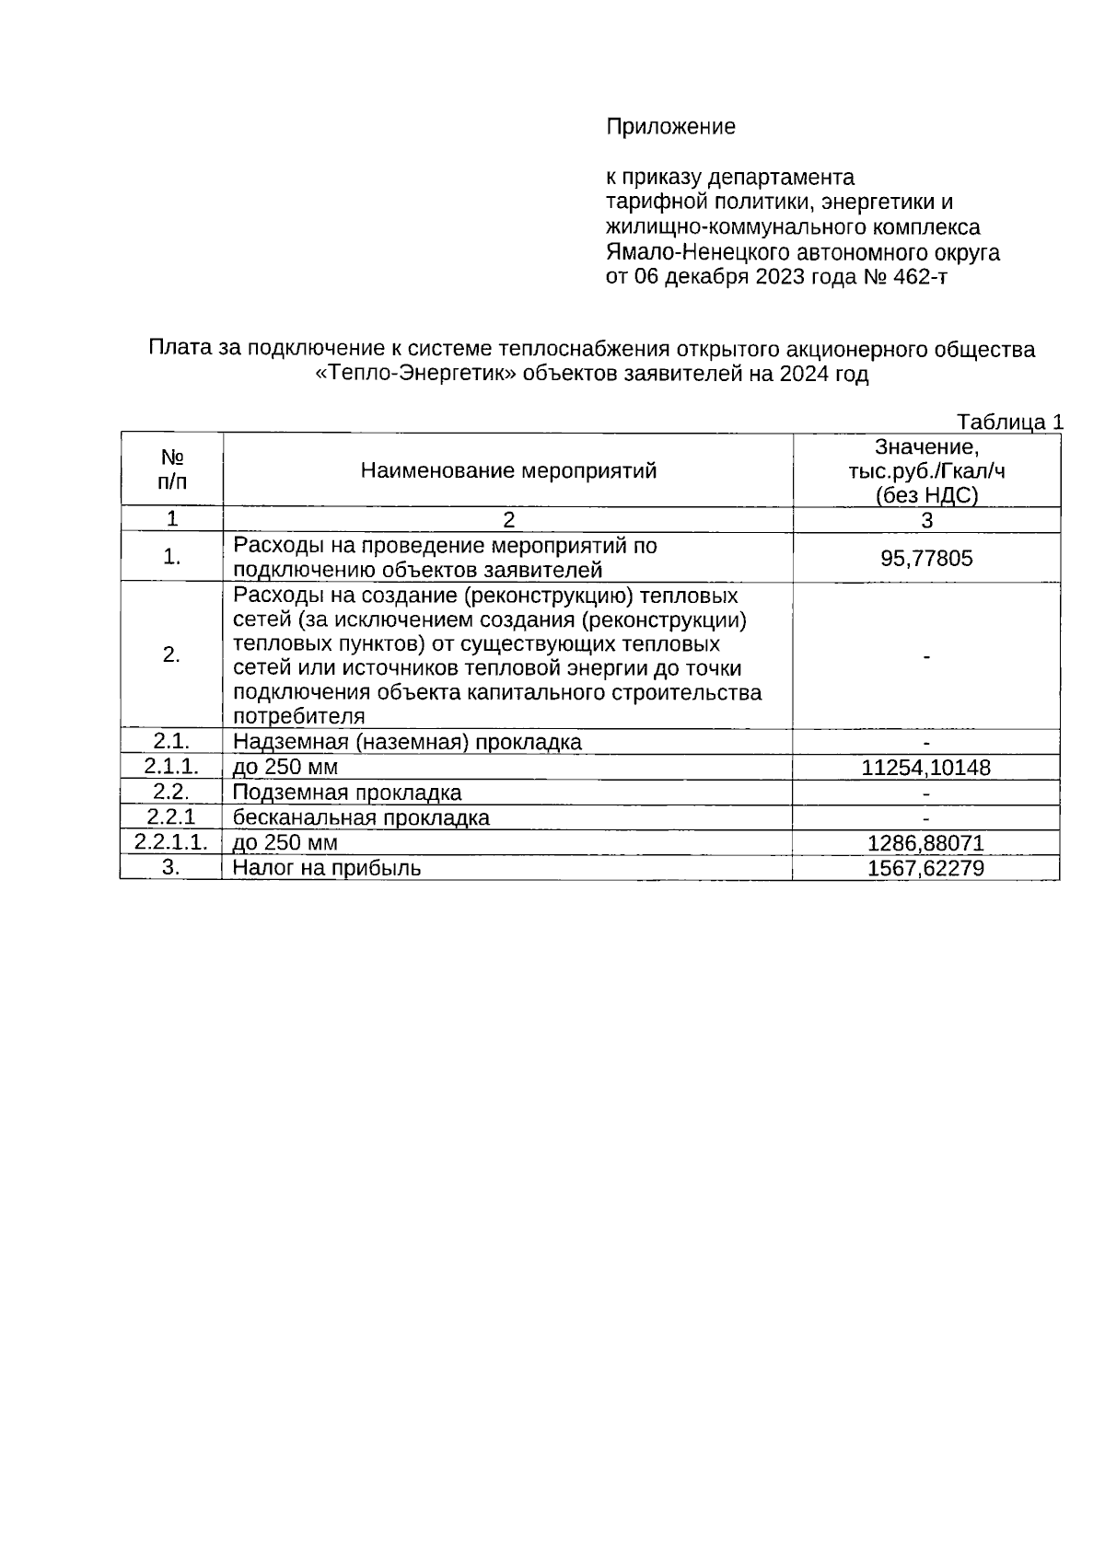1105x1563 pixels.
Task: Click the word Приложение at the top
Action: click(670, 127)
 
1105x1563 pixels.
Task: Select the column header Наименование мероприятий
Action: click(508, 471)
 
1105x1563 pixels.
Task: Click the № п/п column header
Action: click(171, 469)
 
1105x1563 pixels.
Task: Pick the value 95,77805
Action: click(926, 559)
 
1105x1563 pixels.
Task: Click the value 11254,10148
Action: click(926, 768)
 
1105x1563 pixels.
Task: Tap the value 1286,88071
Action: click(926, 843)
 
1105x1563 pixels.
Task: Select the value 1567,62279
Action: click(926, 868)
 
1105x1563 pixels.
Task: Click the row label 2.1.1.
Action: click(171, 766)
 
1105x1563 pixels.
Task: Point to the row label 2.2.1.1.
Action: click(171, 841)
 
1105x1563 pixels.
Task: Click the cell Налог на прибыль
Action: click(327, 867)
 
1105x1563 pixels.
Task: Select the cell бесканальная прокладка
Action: click(361, 817)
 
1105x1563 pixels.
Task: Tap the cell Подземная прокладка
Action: click(347, 793)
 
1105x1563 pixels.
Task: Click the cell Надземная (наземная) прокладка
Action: click(407, 742)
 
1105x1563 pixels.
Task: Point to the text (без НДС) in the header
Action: click(926, 496)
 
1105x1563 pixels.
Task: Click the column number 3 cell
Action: click(926, 520)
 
